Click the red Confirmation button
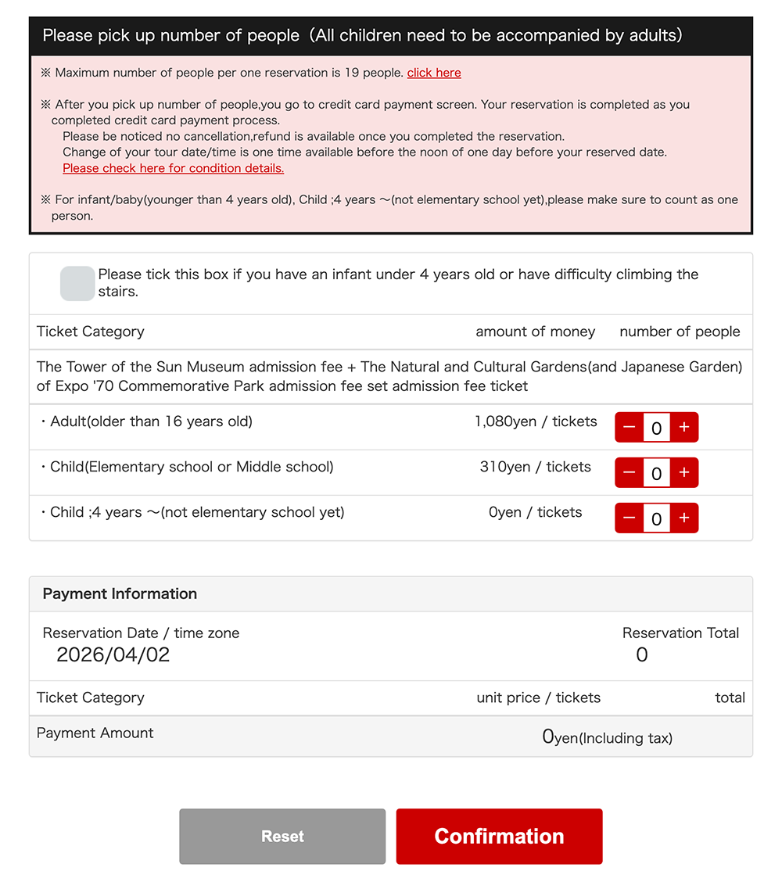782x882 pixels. pyautogui.click(x=499, y=836)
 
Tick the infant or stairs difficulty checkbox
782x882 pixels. pyautogui.click(x=77, y=283)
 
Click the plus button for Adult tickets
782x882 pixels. pyautogui.click(x=684, y=427)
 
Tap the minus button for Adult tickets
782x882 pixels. pyautogui.click(x=629, y=427)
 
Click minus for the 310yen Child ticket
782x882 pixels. pyautogui.click(x=629, y=472)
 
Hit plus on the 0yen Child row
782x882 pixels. pyautogui.click(x=684, y=518)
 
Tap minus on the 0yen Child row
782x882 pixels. pyautogui.click(x=629, y=518)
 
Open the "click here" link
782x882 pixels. pyautogui.click(x=434, y=73)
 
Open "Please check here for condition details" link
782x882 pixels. pyautogui.click(x=173, y=168)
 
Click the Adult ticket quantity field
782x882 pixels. pyautogui.click(x=656, y=428)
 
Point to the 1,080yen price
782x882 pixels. pyautogui.click(x=536, y=421)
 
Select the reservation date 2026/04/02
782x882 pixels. pyautogui.click(x=113, y=654)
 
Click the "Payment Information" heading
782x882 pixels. pyautogui.click(x=120, y=593)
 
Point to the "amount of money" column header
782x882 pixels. pyautogui.click(x=535, y=332)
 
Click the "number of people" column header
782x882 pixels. pyautogui.click(x=680, y=332)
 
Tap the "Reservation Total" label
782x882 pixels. pyautogui.click(x=680, y=633)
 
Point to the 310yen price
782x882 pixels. pyautogui.click(x=535, y=467)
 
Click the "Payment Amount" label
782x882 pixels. pyautogui.click(x=95, y=733)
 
